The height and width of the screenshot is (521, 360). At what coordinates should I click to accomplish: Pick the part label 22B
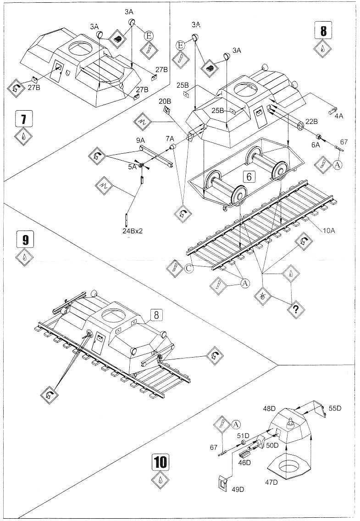click(311, 122)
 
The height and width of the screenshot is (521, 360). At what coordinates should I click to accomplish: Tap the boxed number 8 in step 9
click(156, 315)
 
